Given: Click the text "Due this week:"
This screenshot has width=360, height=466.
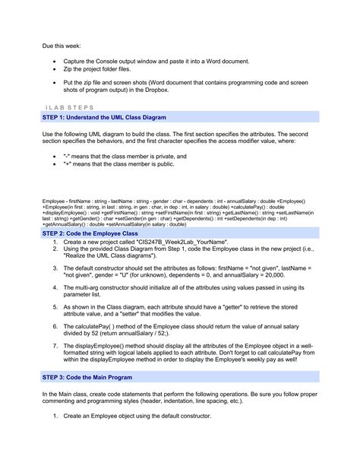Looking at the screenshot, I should click(x=59, y=46).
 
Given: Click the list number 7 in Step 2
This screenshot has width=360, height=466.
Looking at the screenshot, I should click(x=55, y=344).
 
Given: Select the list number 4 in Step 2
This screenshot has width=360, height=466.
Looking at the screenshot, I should click(x=55, y=290).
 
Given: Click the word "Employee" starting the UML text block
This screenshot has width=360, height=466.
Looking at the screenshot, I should click(x=53, y=202).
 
